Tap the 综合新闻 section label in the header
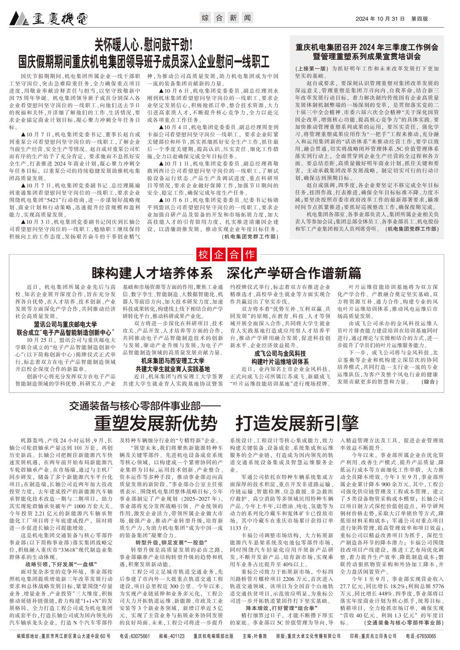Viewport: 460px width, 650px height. tap(227, 18)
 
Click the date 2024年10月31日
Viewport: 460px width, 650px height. tap(381, 19)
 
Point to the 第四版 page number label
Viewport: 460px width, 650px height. tap(420, 19)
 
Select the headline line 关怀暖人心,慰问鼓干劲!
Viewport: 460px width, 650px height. tap(144, 43)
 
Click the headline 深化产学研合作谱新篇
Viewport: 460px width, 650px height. tap(294, 273)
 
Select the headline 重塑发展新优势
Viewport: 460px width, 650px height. tap(155, 422)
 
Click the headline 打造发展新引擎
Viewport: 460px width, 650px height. tap(297, 422)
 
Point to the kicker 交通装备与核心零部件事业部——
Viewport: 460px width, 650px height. tap(144, 405)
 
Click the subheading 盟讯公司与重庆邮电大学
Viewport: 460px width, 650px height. tap(65, 324)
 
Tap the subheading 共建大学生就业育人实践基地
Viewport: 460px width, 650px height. tap(173, 369)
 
